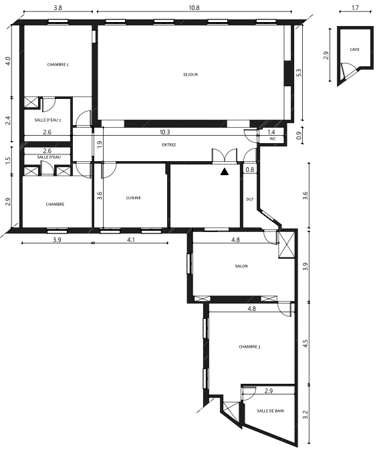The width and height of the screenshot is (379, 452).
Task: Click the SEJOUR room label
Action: click(x=191, y=74)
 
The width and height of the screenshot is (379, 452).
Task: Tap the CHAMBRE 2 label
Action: click(x=57, y=65)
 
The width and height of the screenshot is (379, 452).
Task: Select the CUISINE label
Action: click(x=134, y=198)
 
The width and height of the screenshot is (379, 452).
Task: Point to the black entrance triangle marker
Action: click(x=225, y=172)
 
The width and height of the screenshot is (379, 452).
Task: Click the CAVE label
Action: click(x=354, y=49)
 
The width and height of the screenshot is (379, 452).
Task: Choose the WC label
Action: click(x=272, y=138)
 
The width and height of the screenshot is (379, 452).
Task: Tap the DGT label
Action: click(x=250, y=199)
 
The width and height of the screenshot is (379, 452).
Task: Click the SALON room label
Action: click(x=241, y=266)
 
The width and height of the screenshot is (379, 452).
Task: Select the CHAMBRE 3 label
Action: click(x=249, y=347)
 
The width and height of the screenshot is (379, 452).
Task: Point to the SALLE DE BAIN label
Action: click(x=270, y=411)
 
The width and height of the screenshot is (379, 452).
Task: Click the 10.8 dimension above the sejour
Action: click(x=194, y=8)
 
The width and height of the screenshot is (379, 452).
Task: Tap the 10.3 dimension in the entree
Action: click(x=164, y=132)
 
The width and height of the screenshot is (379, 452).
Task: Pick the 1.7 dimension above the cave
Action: click(x=355, y=8)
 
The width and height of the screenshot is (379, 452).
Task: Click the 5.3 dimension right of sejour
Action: click(x=299, y=72)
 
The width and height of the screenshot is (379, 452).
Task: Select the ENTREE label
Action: click(x=169, y=144)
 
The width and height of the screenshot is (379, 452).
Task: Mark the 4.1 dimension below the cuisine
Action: click(x=131, y=239)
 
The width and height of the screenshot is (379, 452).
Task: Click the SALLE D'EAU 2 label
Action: click(x=47, y=120)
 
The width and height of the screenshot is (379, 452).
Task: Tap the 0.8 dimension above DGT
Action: click(x=250, y=170)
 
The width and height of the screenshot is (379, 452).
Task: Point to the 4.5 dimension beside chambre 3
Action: click(x=305, y=344)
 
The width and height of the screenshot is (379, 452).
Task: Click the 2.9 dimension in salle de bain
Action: click(x=268, y=391)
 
